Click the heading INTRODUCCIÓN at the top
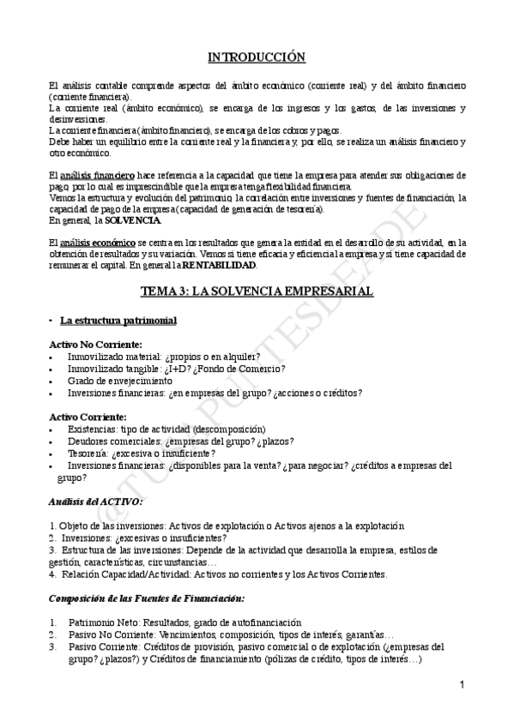pos(257,57)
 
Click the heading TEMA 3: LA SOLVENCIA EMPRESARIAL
pos(257,291)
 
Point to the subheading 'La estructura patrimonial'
pos(118,321)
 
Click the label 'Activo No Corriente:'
pos(95,344)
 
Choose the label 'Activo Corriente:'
pos(88,416)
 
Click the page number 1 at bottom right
pos(462,685)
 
